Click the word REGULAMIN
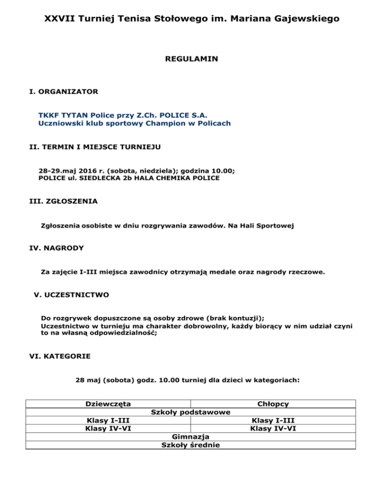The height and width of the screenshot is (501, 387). (191, 59)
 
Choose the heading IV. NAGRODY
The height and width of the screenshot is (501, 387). (57, 248)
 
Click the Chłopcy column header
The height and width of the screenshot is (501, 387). (273, 404)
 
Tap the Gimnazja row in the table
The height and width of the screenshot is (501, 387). (190, 436)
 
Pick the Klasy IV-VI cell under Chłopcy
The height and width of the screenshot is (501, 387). (273, 428)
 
